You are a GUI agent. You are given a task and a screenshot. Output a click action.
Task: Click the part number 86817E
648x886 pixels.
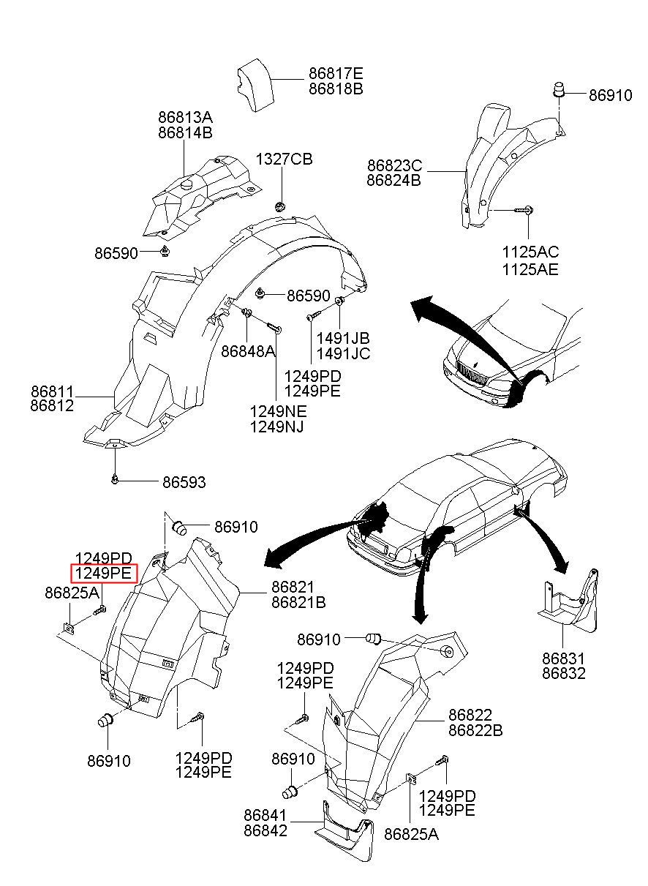pos(336,74)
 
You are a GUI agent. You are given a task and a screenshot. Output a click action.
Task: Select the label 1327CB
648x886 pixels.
pos(284,159)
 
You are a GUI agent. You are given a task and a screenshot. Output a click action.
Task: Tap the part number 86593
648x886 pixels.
pos(184,482)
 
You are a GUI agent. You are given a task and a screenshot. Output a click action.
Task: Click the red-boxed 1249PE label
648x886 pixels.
pos(104,573)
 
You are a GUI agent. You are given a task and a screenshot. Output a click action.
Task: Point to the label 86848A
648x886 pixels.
pos(248,351)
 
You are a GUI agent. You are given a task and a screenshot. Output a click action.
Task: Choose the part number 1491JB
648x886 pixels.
pos(343,338)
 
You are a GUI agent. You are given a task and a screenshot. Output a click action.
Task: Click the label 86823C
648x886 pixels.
pos(394,165)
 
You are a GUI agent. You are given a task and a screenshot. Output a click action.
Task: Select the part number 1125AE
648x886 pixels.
pos(530,270)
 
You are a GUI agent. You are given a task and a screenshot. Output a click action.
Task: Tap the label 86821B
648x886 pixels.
pos(298,602)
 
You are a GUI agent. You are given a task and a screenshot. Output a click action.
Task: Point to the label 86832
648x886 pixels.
pos(563,673)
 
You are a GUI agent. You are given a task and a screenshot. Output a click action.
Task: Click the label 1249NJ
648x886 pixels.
pos(276,427)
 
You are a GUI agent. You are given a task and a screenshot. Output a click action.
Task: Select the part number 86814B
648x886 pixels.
pos(185,132)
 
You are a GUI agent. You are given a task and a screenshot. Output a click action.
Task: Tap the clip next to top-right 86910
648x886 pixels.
pos(558,89)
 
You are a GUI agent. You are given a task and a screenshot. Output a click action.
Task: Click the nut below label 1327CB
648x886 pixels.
pos(280,207)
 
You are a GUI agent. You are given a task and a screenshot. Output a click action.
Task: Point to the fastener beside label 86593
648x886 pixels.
pos(115,480)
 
